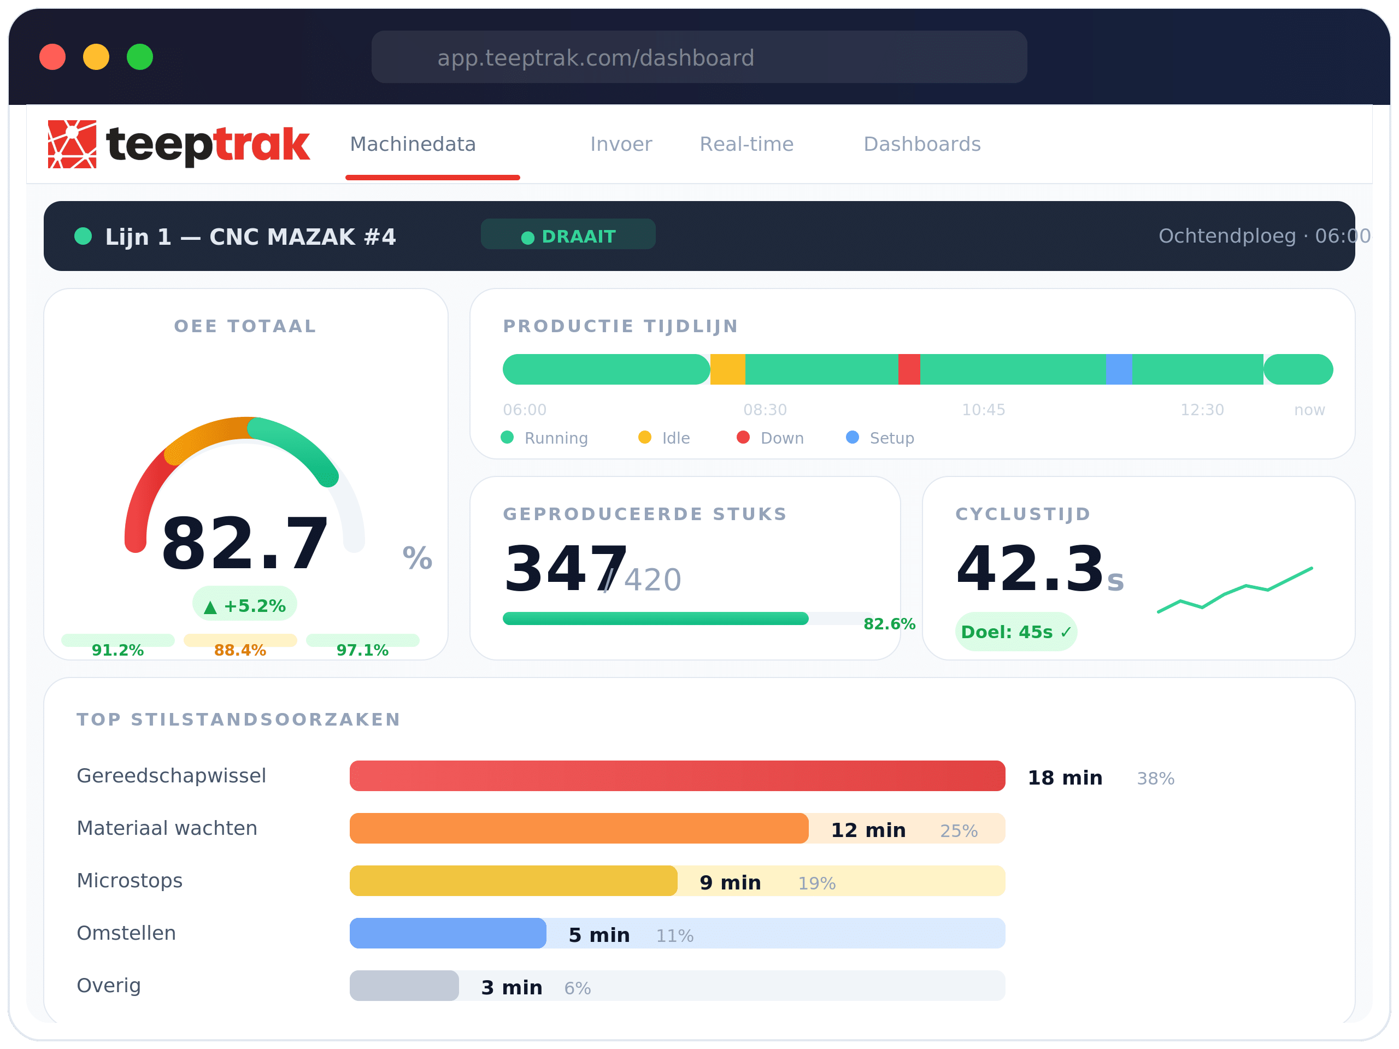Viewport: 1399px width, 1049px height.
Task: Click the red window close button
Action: pos(52,57)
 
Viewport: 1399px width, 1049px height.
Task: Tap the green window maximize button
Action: pos(140,57)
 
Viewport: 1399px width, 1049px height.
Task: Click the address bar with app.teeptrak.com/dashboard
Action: pos(698,57)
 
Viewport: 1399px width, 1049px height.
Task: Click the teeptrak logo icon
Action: pos(72,144)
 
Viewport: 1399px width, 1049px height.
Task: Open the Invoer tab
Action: pos(620,144)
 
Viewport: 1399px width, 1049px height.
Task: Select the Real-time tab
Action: pos(746,144)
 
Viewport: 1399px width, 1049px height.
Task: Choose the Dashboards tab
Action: pos(921,144)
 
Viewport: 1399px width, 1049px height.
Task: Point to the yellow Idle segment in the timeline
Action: pos(727,369)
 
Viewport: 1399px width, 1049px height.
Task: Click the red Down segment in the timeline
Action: pos(909,369)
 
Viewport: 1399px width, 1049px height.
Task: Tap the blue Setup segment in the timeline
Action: pos(1118,369)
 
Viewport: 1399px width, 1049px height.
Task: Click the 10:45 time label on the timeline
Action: pos(984,410)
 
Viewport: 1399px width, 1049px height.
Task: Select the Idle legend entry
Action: pos(664,438)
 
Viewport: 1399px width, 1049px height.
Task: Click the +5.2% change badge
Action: pos(245,605)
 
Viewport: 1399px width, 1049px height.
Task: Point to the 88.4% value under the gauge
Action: pos(240,650)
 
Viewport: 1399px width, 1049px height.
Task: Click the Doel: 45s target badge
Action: pos(1016,632)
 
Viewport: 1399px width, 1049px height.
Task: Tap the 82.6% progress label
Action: pos(889,624)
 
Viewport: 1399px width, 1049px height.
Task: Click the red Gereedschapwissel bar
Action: pos(677,776)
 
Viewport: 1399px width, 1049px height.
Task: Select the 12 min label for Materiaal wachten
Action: pos(868,829)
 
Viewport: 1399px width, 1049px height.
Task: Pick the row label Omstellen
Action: pos(126,933)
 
